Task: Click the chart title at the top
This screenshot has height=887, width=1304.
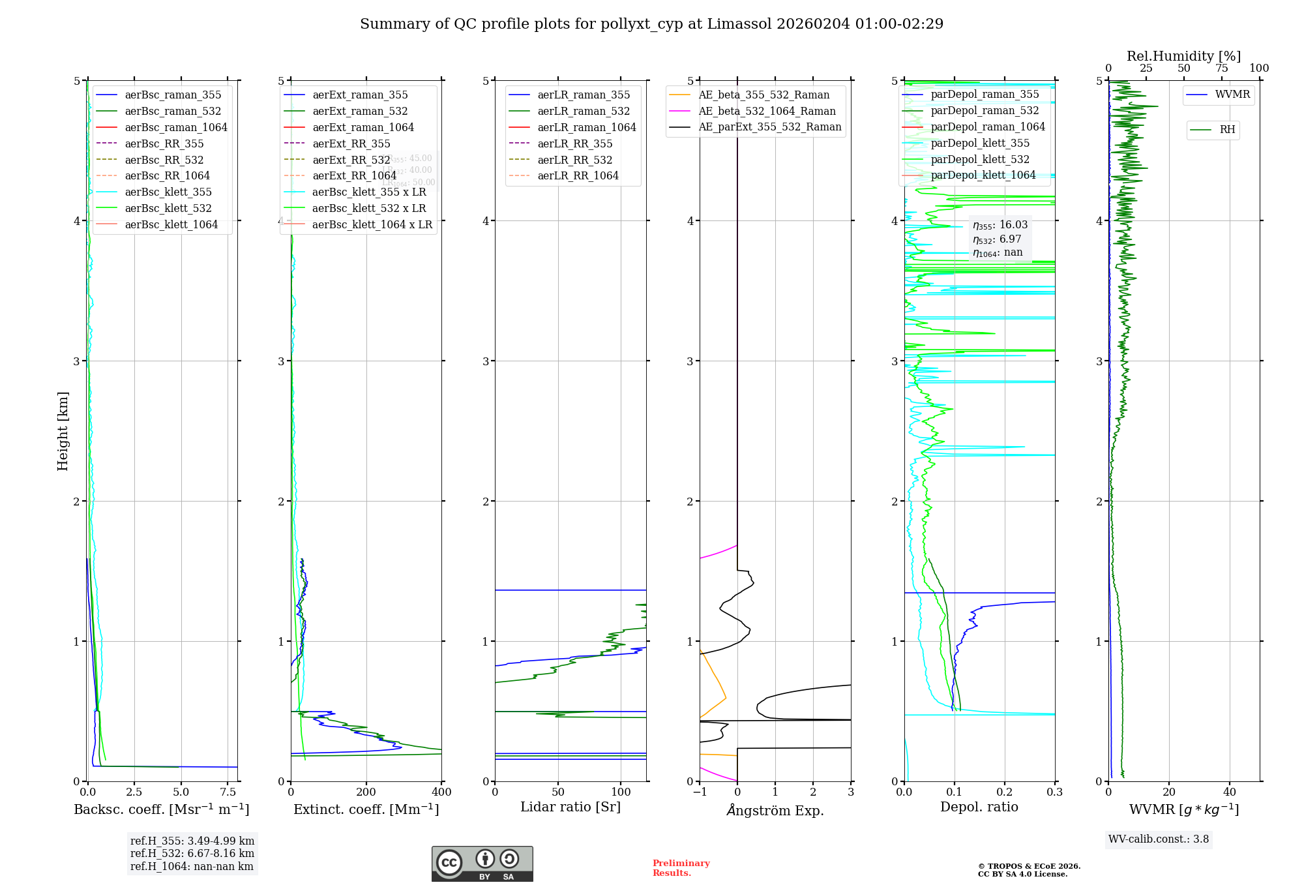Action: [x=651, y=24]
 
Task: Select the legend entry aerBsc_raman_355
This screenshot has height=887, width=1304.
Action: [x=173, y=95]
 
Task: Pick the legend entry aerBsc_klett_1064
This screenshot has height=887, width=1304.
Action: [x=171, y=225]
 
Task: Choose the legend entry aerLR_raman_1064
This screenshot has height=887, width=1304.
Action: [x=586, y=128]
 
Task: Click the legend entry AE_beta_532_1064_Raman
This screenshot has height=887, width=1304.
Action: [x=767, y=112]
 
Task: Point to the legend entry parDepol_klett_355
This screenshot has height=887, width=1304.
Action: [x=980, y=143]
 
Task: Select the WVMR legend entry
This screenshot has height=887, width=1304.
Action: [x=1232, y=95]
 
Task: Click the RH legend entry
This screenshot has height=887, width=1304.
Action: [x=1227, y=130]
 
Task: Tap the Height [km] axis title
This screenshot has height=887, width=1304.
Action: [x=63, y=431]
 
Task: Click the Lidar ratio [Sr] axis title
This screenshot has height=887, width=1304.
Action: [x=570, y=807]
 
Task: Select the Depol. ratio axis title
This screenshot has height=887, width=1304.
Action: [x=979, y=807]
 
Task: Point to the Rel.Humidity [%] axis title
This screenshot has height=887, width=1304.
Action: [x=1183, y=56]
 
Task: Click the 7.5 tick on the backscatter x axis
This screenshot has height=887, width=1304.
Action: [x=228, y=792]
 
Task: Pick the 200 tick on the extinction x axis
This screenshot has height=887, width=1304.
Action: [x=366, y=792]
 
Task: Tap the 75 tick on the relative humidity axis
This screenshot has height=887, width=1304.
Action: [x=1222, y=68]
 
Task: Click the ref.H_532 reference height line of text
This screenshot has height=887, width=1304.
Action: [x=192, y=854]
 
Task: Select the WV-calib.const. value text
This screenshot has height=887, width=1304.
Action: [x=1159, y=839]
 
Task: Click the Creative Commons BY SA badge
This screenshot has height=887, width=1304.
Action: [x=482, y=864]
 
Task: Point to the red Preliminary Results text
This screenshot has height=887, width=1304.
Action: [x=681, y=868]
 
